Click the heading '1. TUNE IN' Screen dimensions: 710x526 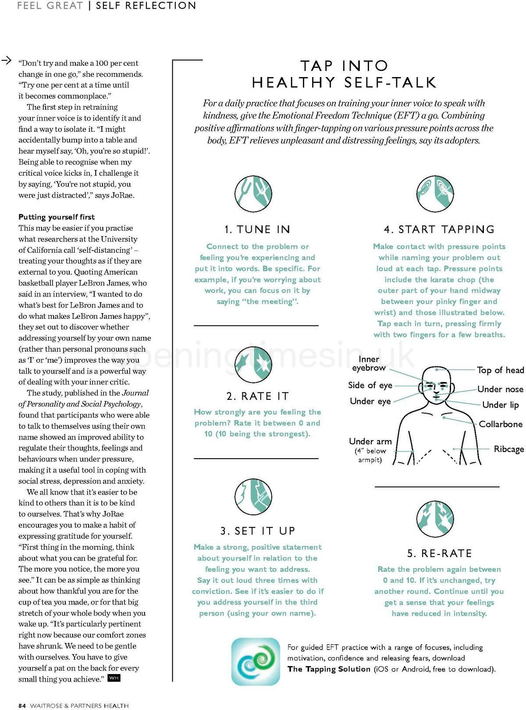(257, 229)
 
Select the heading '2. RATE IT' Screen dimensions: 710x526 (257, 396)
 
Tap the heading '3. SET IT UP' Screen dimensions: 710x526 (258, 531)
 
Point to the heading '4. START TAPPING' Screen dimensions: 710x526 (439, 229)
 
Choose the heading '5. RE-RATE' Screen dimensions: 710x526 (439, 553)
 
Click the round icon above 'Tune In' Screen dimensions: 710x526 (253, 193)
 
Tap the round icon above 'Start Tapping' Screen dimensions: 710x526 (435, 193)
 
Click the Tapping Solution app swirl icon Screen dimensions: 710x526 (256, 661)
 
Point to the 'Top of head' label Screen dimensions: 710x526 (500, 370)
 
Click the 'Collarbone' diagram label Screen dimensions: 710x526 (500, 424)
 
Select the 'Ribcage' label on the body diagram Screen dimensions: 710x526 (508, 449)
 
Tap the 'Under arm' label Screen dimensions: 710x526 (370, 442)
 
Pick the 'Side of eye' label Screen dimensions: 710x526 (370, 385)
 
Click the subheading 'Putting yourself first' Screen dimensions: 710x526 (57, 217)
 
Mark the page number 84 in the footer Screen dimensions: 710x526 (22, 705)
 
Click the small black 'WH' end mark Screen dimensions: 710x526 (114, 678)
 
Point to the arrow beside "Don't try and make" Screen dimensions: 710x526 (7, 61)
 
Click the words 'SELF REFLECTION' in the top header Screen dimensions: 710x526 (146, 6)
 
